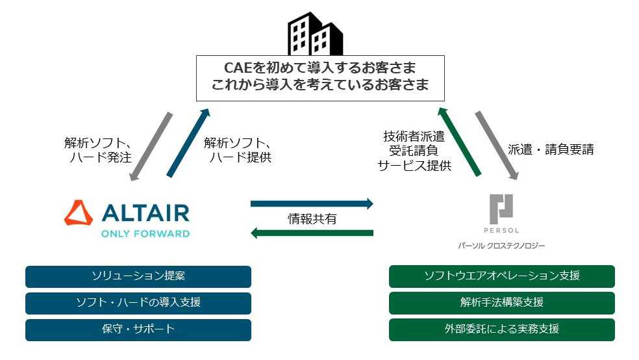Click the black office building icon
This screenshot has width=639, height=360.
click(316, 33)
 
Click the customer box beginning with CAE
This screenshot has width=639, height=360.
click(320, 78)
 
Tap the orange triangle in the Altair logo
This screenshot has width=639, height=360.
click(79, 212)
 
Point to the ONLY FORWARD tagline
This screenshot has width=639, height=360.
click(145, 233)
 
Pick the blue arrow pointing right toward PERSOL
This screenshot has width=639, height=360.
click(312, 204)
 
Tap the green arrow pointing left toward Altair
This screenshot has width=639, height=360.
click(312, 233)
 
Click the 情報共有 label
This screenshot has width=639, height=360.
click(312, 218)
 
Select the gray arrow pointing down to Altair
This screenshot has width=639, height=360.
click(151, 147)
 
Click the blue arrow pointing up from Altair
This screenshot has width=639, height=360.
click(189, 143)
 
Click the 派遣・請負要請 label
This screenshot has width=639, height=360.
click(550, 149)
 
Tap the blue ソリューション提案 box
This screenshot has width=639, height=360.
click(138, 276)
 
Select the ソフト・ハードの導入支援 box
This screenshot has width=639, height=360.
click(138, 303)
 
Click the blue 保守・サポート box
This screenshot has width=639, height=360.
click(138, 329)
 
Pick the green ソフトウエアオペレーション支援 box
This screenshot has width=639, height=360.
click(501, 276)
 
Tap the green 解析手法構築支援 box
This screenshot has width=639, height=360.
click(501, 303)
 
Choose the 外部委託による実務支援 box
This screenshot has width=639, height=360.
click(501, 329)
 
